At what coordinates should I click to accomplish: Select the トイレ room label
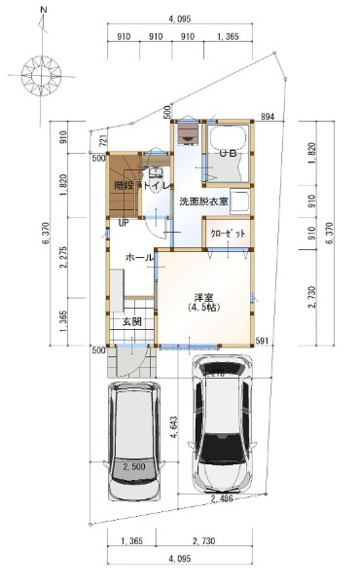(x=157, y=184)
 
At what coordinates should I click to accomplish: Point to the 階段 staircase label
(x=124, y=184)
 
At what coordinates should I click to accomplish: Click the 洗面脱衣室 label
(x=202, y=202)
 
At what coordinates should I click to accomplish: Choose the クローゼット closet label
(x=229, y=235)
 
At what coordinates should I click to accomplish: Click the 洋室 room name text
(x=203, y=296)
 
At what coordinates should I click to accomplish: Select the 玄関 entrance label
(x=132, y=321)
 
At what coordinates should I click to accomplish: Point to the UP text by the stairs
(x=124, y=222)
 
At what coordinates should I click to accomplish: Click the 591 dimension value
(x=262, y=340)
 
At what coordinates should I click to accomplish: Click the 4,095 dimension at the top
(x=179, y=19)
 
